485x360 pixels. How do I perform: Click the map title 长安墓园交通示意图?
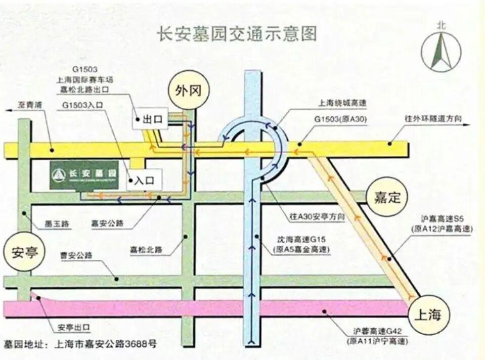[x=237, y=34]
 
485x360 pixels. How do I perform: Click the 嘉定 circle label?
[x=387, y=197]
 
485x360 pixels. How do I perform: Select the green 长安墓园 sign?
[x=84, y=175]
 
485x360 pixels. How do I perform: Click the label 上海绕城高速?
[x=342, y=103]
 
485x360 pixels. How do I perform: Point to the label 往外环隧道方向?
[x=433, y=118]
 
